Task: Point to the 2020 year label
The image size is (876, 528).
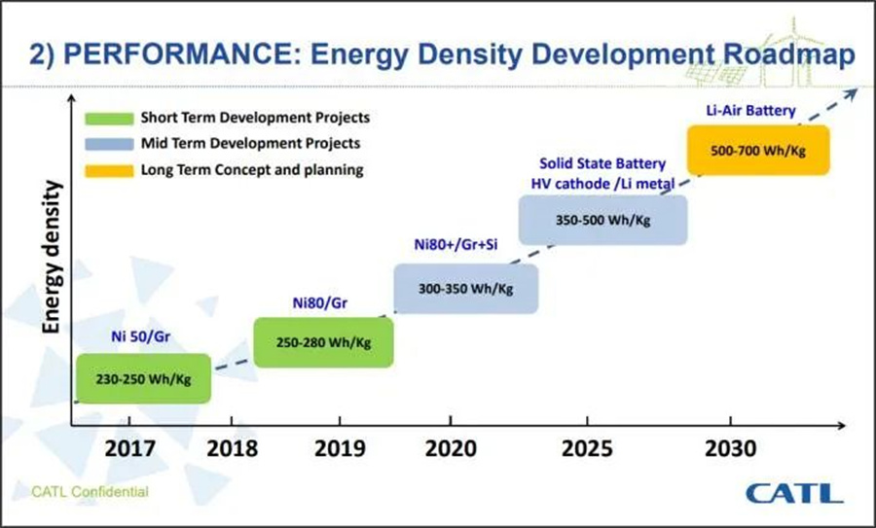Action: click(x=451, y=450)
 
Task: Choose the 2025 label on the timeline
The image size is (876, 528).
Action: click(x=589, y=450)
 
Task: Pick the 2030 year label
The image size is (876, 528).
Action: click(x=728, y=450)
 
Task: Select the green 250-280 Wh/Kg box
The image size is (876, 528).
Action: click(x=324, y=342)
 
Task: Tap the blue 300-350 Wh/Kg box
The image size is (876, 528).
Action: click(x=466, y=288)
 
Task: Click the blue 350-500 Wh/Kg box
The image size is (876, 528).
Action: click(x=603, y=220)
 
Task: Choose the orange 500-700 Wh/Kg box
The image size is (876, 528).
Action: click(x=759, y=151)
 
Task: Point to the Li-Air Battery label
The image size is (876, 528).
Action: click(x=750, y=111)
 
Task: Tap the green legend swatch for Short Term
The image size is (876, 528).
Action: click(x=107, y=119)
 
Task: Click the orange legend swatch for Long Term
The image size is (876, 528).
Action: click(x=107, y=170)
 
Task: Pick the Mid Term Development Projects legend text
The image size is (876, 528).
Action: click(x=251, y=144)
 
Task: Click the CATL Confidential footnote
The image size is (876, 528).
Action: click(x=90, y=492)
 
